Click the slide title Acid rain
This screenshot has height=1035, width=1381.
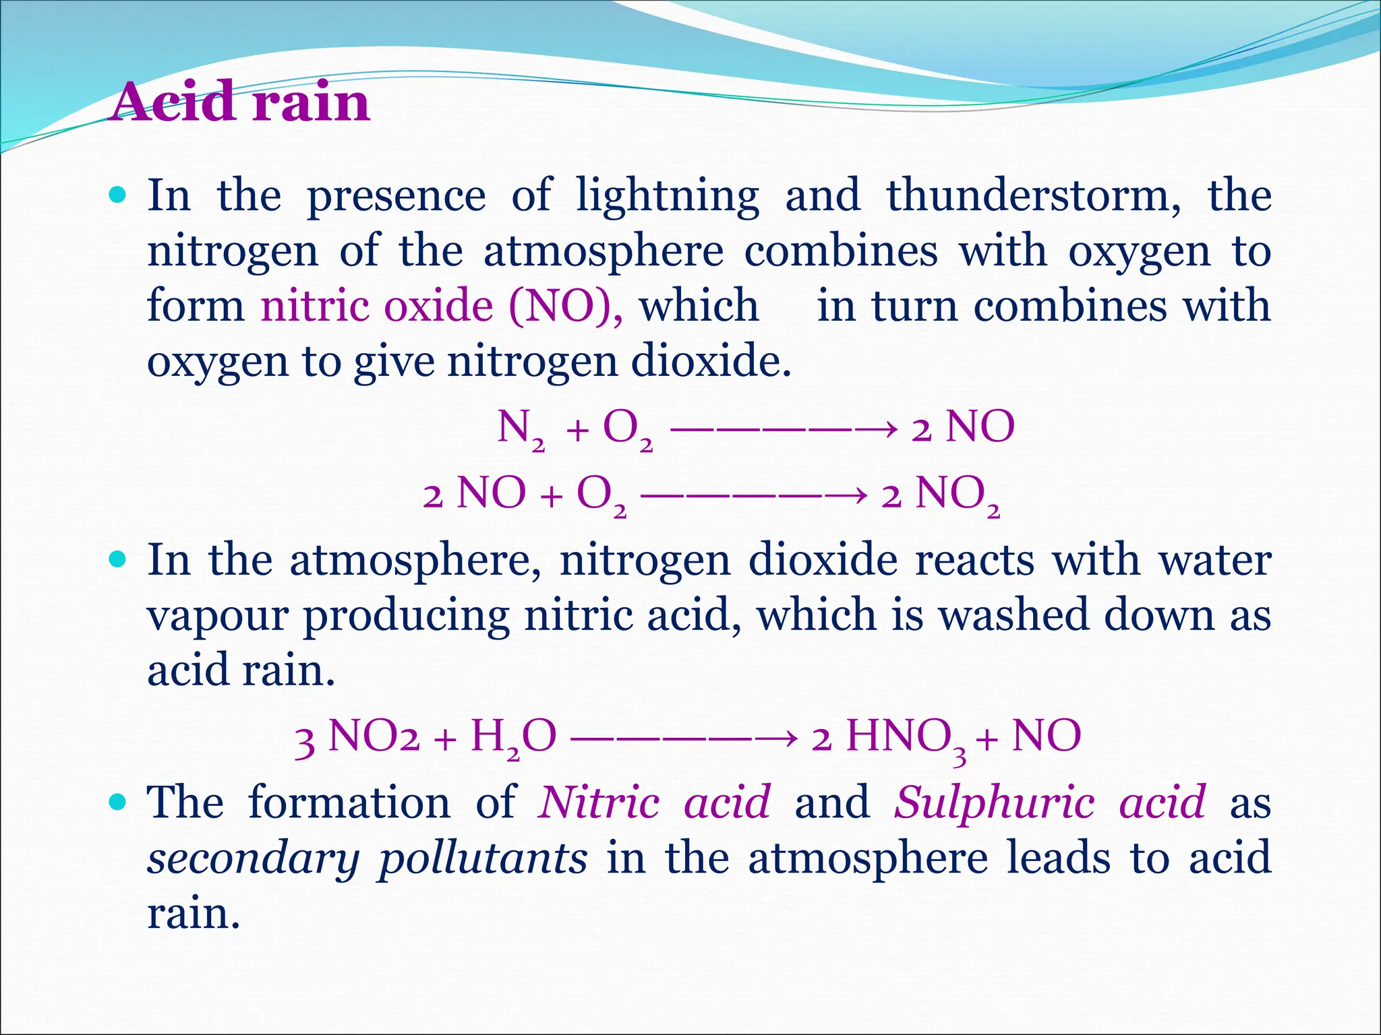click(241, 102)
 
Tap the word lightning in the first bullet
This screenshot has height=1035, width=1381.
click(668, 195)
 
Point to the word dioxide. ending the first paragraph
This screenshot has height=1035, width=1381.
click(711, 361)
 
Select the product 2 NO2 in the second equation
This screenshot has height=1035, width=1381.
click(940, 495)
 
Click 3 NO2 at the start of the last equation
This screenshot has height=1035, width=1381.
click(357, 737)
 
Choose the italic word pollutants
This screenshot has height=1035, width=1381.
click(483, 858)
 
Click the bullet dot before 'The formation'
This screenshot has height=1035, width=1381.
click(117, 802)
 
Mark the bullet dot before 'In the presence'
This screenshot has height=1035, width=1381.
click(117, 195)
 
